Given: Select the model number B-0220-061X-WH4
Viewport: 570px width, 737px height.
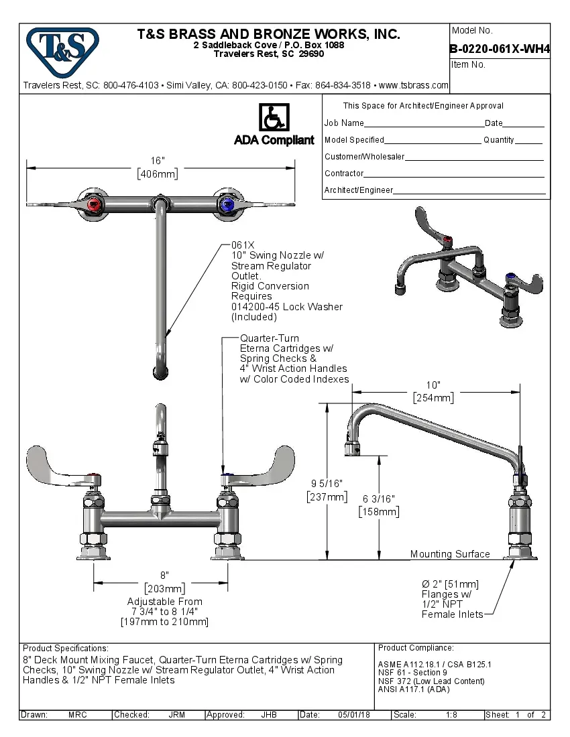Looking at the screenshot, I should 500,48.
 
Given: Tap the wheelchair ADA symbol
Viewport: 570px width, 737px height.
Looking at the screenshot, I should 274,119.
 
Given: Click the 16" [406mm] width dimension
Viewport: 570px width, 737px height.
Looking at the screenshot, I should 158,167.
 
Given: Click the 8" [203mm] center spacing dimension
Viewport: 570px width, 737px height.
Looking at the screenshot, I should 164,582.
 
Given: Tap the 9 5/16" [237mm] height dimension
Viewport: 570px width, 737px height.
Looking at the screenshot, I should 327,490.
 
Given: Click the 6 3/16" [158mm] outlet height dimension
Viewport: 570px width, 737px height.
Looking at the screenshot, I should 379,505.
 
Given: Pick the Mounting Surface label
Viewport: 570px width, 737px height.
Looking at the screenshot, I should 450,554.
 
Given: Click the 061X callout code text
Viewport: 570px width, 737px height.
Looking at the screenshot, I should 243,245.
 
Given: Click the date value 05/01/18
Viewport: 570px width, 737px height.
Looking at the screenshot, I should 353,715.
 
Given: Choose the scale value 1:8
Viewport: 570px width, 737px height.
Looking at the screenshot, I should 452,715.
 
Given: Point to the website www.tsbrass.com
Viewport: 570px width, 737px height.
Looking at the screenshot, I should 413,85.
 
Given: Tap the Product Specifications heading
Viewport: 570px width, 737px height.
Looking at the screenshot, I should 65,649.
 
